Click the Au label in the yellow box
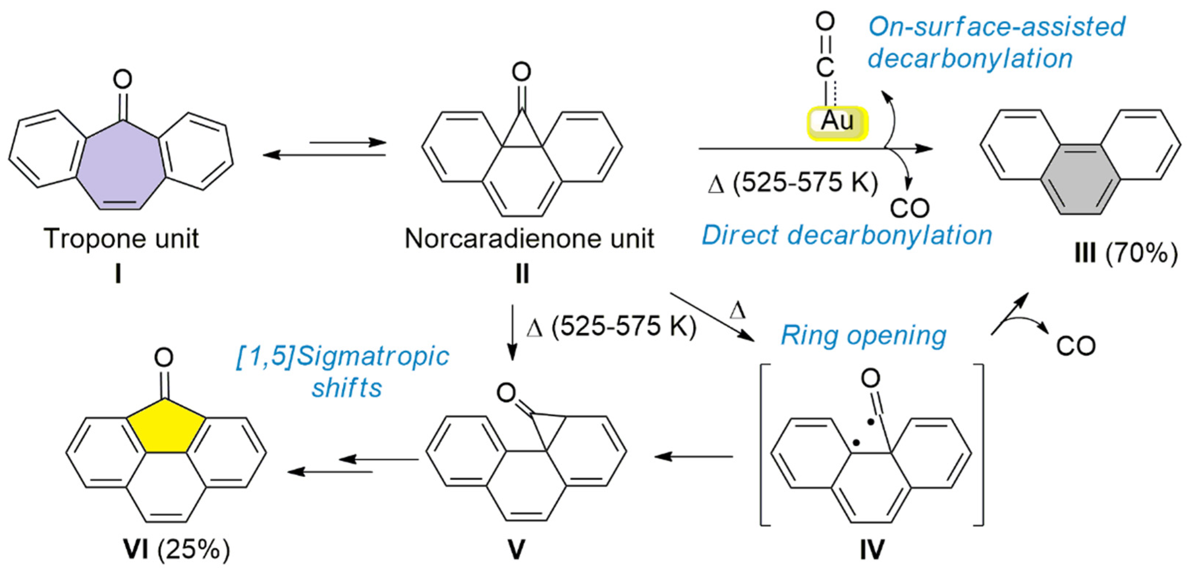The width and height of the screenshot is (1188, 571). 837,122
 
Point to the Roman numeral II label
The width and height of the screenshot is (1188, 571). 522,274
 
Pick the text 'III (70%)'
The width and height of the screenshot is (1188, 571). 1125,253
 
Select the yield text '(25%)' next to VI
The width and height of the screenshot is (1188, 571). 194,549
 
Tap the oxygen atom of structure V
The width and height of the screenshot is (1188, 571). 506,393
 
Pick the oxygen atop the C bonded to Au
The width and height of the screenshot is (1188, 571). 825,22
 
